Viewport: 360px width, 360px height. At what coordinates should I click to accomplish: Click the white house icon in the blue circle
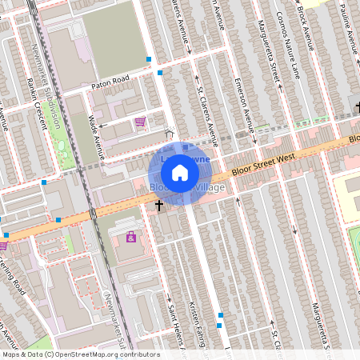coord(180,172)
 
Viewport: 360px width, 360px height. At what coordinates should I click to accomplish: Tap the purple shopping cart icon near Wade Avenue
coord(141,122)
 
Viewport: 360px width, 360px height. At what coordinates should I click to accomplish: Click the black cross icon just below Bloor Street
coord(158,205)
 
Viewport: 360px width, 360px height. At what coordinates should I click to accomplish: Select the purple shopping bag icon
coord(131,238)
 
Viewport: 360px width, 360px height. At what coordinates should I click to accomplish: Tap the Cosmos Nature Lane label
coord(290,36)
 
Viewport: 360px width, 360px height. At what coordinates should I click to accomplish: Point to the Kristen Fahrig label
coord(202,325)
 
